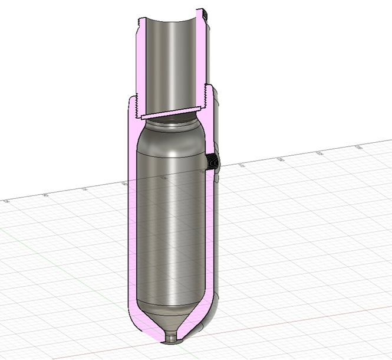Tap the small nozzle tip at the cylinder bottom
171,339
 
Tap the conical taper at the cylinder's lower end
171,322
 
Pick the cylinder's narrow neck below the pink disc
171,120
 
